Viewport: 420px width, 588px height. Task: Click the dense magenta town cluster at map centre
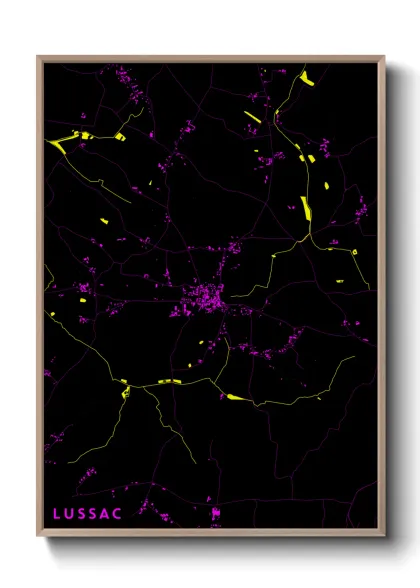pos(208,296)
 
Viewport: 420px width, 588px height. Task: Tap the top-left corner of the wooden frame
pos(38,57)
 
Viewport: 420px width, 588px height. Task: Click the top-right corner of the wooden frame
pos(384,57)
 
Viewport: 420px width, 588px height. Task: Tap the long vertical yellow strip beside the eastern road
pos(306,207)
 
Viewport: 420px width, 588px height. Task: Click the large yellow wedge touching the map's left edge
pos(57,143)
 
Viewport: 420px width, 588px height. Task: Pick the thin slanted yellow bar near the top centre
pos(252,116)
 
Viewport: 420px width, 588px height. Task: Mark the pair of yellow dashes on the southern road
pos(170,381)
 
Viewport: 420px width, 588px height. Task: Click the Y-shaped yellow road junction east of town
pos(306,240)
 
